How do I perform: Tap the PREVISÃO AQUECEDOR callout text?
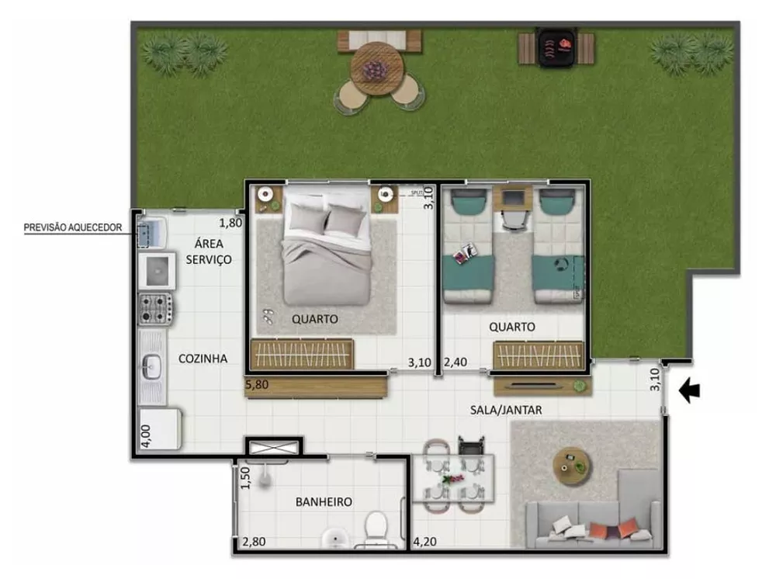click(73, 227)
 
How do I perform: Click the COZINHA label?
click(203, 359)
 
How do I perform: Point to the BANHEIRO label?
click(324, 502)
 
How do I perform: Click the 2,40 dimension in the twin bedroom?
click(456, 362)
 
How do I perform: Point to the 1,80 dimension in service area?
click(230, 224)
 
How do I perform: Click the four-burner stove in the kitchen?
click(155, 308)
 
